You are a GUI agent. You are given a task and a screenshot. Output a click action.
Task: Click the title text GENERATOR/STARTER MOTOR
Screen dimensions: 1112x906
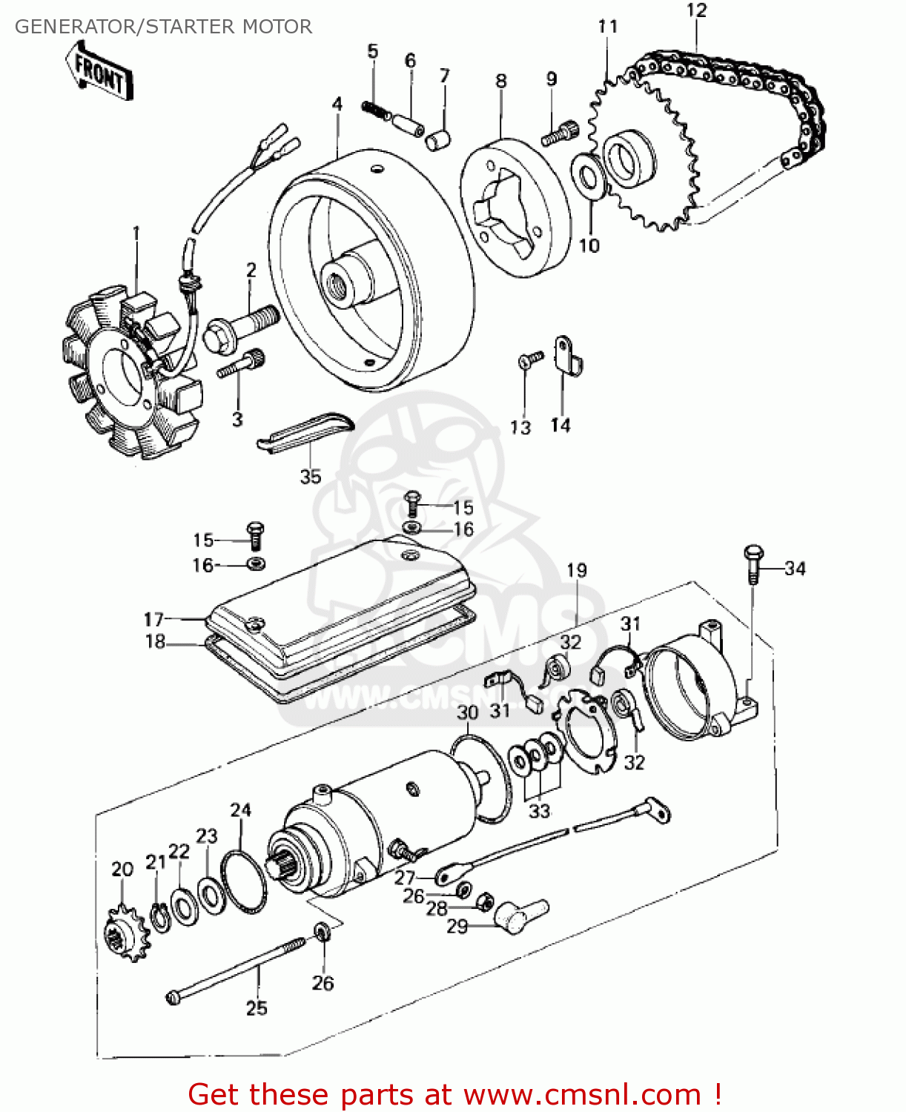coord(163,27)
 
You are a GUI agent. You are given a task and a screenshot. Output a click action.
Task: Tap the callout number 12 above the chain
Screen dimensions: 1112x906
coord(696,10)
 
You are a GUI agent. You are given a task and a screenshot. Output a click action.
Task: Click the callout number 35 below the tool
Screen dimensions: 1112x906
coord(310,477)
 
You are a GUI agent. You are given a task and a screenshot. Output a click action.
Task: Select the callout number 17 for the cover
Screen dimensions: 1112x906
coord(153,619)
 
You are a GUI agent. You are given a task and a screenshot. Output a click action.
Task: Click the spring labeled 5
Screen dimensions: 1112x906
coord(377,110)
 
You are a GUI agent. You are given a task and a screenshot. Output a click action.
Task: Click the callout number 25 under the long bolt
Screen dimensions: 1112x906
coord(257,1007)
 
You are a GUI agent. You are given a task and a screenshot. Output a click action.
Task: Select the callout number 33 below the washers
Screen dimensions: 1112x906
coord(539,811)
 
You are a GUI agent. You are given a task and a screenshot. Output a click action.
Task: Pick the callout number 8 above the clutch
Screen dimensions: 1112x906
coord(501,80)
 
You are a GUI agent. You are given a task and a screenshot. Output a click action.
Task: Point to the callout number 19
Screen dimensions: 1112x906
coord(577,570)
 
